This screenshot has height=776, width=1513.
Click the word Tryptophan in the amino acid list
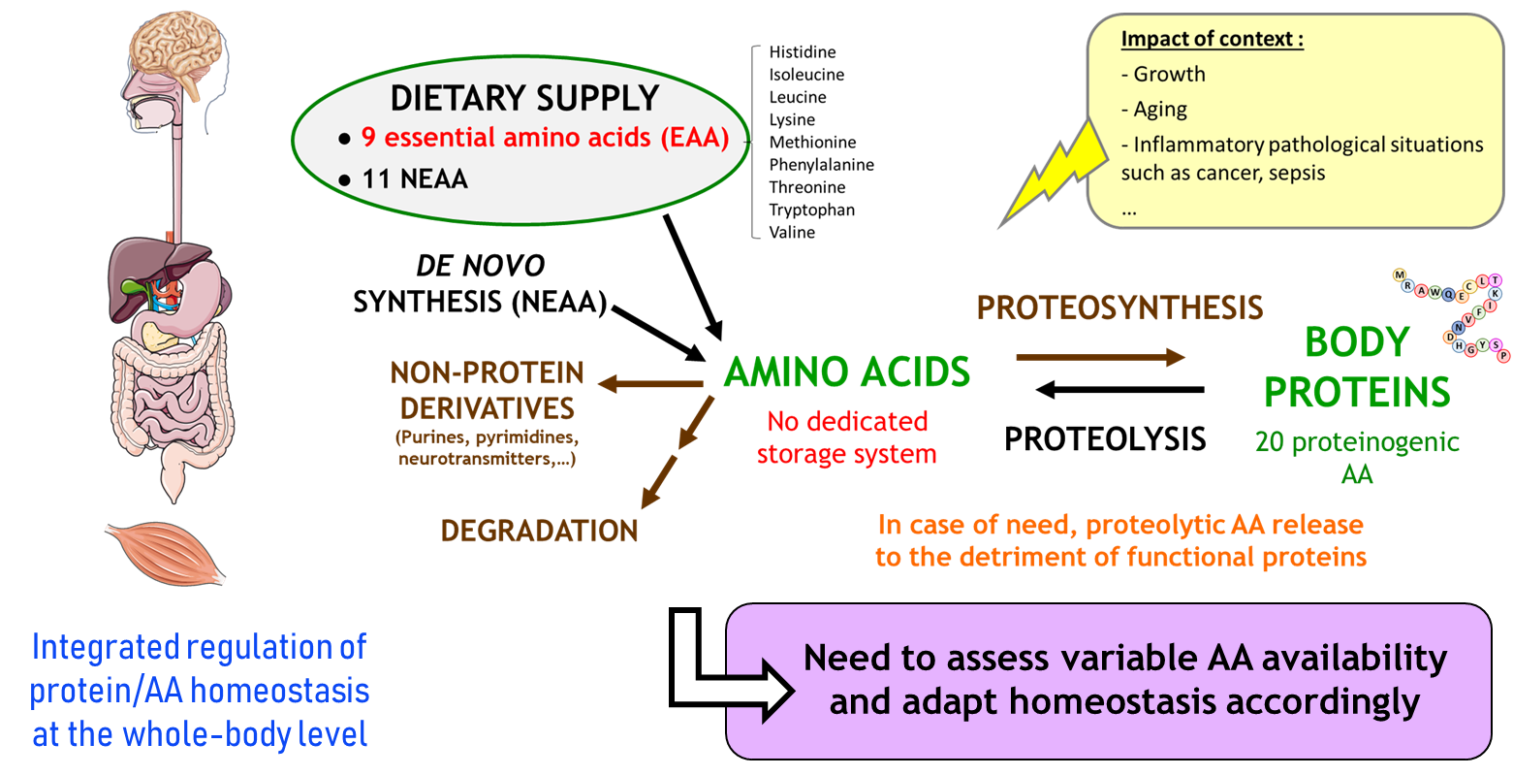[812, 210]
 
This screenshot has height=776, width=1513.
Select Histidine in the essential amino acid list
[803, 52]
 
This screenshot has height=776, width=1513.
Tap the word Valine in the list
[792, 232]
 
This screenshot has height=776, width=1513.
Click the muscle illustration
[166, 553]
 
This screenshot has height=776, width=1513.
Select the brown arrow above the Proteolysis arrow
[1101, 357]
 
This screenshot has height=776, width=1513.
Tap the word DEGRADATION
[539, 532]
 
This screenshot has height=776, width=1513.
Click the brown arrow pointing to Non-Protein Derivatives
[650, 384]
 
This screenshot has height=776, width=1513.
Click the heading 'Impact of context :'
[1213, 39]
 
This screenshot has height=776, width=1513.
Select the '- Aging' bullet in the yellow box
[1154, 109]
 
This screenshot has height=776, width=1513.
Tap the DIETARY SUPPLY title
[524, 98]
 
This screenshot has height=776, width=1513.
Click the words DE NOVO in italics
[480, 266]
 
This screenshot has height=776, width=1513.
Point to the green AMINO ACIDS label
[847, 372]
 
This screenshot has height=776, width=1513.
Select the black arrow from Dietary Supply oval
[693, 277]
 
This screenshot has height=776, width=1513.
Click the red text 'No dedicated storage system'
[847, 437]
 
